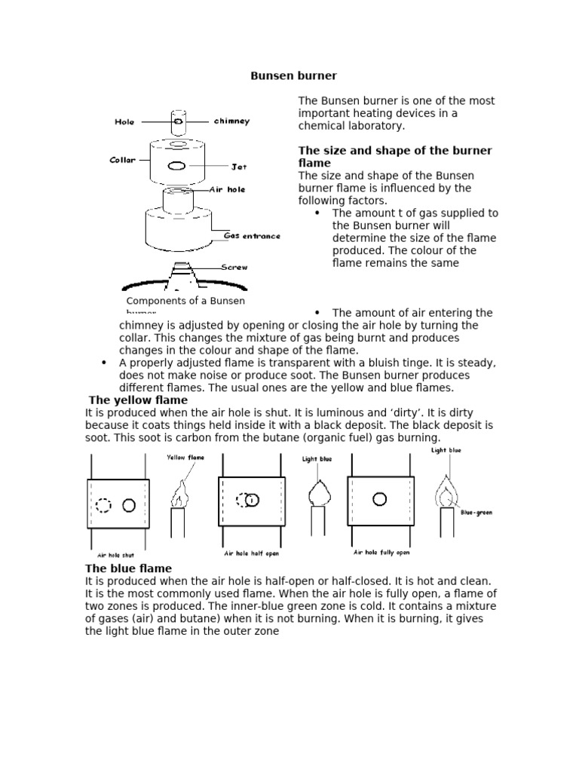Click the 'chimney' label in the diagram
[231, 121]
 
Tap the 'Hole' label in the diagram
[124, 121]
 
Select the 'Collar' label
[123, 160]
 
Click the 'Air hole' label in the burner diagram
[227, 190]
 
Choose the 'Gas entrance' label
[252, 236]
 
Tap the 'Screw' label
[234, 267]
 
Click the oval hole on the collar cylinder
[178, 166]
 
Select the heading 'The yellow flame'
[138, 400]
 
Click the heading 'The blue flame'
[128, 568]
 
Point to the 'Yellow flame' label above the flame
[185, 458]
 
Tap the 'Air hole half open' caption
[253, 553]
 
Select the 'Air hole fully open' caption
[381, 553]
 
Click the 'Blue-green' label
[476, 513]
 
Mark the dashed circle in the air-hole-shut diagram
[103, 504]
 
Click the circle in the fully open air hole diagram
[380, 498]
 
